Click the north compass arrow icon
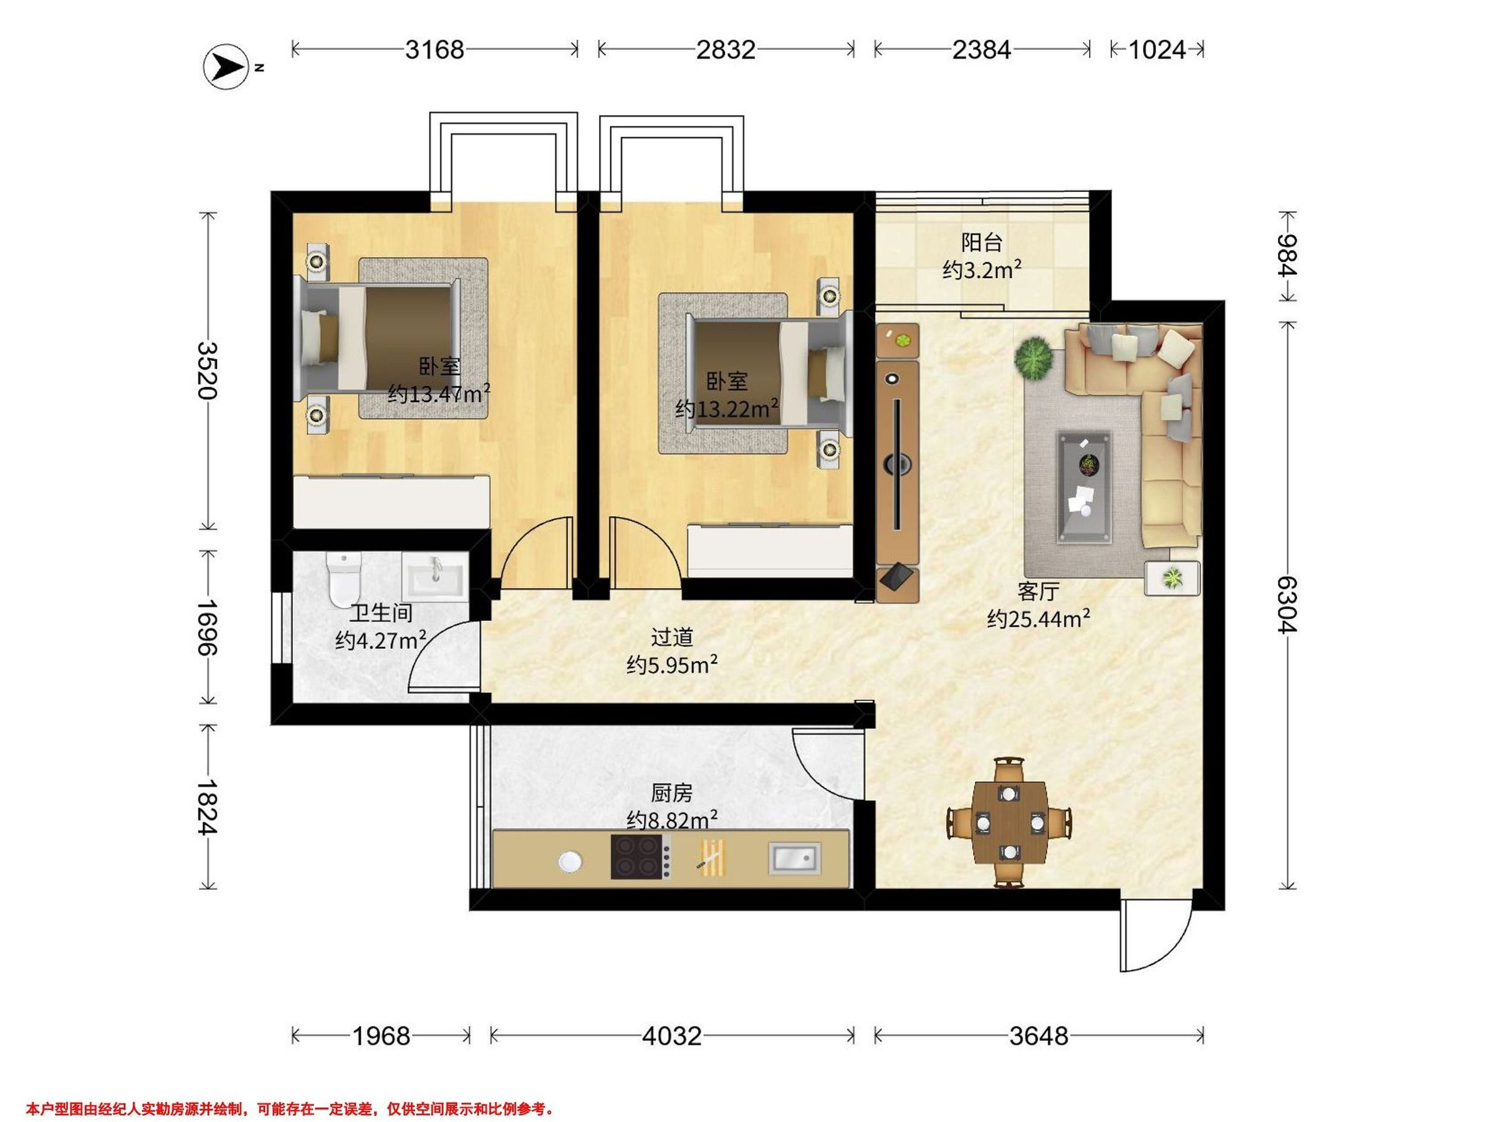coord(226,65)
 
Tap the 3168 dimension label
coord(435,49)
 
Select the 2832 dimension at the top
coord(726,49)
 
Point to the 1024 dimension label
coord(1157,49)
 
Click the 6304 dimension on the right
coord(1287,604)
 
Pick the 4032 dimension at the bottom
coord(671,1035)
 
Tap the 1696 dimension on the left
coord(208,627)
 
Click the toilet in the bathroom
coord(343,580)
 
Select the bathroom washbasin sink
coord(435,575)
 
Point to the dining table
coord(1009,824)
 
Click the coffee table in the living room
coord(1084,487)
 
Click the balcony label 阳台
coord(982,242)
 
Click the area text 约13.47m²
coord(439,393)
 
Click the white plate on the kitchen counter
coord(571,861)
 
